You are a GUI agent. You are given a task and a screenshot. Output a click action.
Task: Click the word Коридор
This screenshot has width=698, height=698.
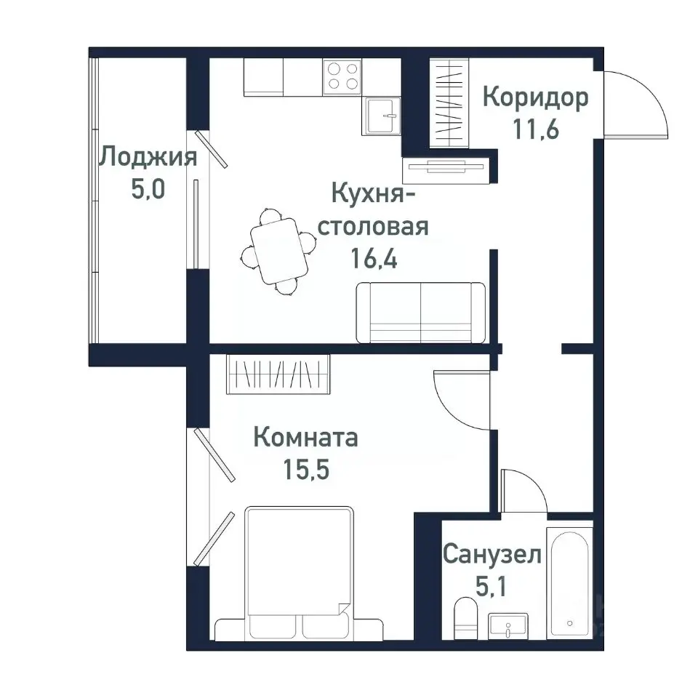535,97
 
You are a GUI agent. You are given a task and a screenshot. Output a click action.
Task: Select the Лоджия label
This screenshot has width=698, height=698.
148,156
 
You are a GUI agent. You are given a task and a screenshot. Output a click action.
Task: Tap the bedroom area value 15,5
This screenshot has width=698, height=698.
306,470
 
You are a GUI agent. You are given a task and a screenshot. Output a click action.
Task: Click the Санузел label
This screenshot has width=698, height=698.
492,555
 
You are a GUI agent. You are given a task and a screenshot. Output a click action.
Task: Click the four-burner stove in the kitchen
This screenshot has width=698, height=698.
342,76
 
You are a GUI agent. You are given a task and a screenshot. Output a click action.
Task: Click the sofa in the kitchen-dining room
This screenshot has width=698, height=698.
421,313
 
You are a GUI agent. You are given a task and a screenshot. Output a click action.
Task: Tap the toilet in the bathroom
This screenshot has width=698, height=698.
463,617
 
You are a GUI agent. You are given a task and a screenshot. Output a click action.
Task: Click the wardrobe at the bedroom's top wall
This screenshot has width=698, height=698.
278,374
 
